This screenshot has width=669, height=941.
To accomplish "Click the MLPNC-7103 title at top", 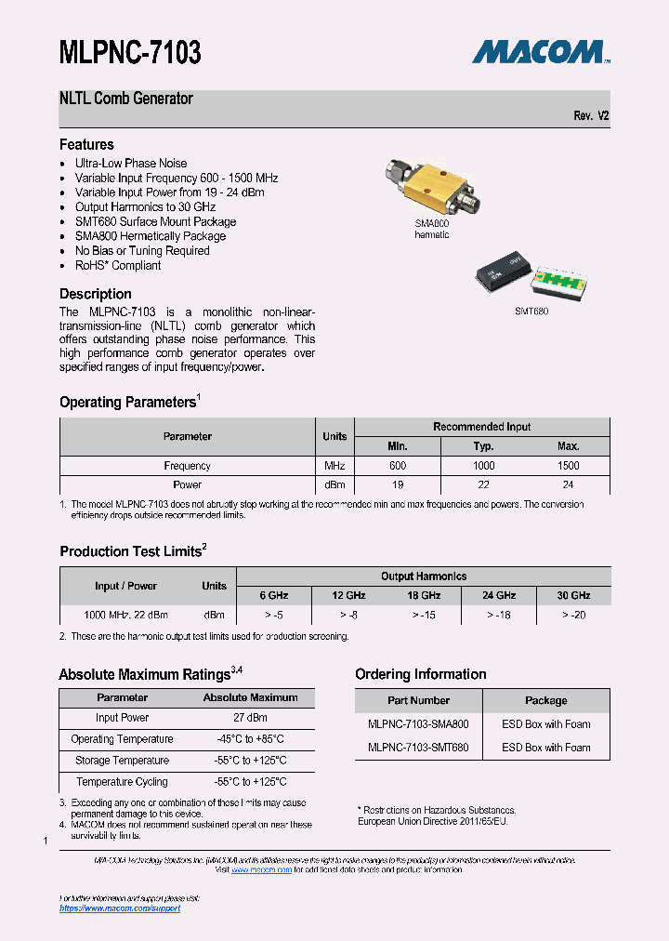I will [130, 53].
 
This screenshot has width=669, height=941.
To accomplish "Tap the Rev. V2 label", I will [591, 116].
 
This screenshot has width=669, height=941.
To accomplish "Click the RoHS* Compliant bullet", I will [117, 266].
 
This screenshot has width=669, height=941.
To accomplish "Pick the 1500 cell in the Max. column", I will [568, 466].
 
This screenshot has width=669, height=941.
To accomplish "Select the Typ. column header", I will [483, 446].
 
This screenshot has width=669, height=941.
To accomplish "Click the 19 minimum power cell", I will [399, 485].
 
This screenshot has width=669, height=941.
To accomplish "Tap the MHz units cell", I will [334, 466].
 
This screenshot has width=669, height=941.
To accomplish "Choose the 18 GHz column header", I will [424, 596].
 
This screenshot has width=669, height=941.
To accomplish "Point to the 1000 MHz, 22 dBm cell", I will [125, 616].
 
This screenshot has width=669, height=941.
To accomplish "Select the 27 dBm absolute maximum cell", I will [250, 718].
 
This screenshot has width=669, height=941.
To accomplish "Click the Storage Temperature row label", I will [122, 761].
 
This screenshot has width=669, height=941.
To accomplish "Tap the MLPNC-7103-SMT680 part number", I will [418, 748].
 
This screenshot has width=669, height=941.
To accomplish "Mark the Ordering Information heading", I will [420, 674].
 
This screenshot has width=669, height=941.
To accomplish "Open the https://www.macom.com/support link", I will [120, 908].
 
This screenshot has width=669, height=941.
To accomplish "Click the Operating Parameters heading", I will [127, 403].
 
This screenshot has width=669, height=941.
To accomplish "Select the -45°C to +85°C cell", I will [250, 739].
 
